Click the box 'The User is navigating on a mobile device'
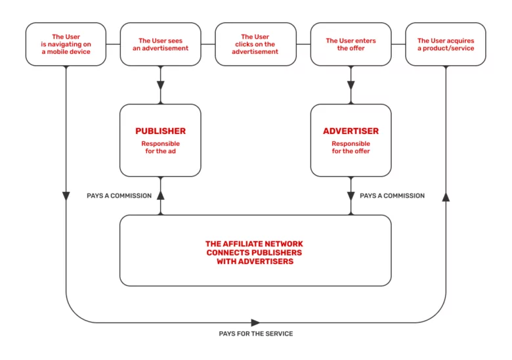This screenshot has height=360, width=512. pyautogui.click(x=66, y=44)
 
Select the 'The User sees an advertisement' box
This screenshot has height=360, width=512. pyautogui.click(x=160, y=44)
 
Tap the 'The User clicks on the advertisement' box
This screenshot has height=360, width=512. pyautogui.click(x=255, y=44)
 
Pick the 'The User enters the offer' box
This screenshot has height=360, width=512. pyautogui.click(x=351, y=44)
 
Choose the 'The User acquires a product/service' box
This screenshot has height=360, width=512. pyautogui.click(x=446, y=44)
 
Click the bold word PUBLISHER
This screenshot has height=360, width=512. pyautogui.click(x=160, y=131)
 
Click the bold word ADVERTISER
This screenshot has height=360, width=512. pyautogui.click(x=351, y=131)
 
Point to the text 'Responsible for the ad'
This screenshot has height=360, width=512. pyautogui.click(x=160, y=147)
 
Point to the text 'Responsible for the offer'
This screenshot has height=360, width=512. pyautogui.click(x=351, y=147)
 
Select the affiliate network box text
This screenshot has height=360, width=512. pyautogui.click(x=255, y=252)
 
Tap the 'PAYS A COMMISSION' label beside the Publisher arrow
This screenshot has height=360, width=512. pyautogui.click(x=119, y=196)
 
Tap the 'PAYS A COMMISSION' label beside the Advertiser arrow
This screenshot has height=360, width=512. pyautogui.click(x=392, y=196)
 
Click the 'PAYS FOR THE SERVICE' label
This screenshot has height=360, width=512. pyautogui.click(x=255, y=334)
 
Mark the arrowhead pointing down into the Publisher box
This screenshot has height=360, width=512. pyautogui.click(x=160, y=86)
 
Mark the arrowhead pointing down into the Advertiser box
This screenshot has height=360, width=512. pyautogui.click(x=351, y=86)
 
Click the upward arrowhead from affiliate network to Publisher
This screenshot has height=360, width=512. pyautogui.click(x=160, y=195)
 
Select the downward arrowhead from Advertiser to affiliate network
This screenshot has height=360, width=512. pyautogui.click(x=351, y=196)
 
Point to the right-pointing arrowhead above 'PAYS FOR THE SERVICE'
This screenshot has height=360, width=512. pyautogui.click(x=255, y=323)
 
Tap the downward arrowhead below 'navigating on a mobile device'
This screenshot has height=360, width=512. pyautogui.click(x=66, y=196)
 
